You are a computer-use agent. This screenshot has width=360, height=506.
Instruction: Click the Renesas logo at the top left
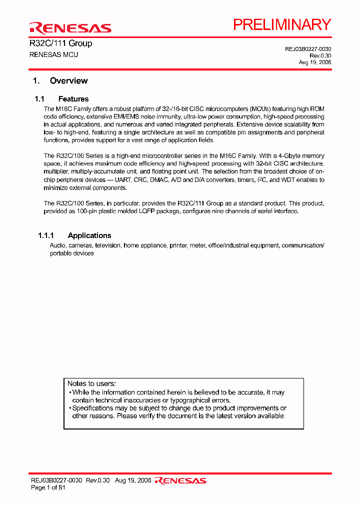[x=70, y=28]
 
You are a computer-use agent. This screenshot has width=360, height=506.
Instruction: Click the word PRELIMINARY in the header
[x=282, y=24]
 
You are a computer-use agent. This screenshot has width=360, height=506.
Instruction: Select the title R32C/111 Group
[x=61, y=43]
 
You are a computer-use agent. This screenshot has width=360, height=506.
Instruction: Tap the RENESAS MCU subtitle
[x=54, y=54]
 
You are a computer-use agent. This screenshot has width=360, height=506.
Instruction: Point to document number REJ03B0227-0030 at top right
[x=308, y=49]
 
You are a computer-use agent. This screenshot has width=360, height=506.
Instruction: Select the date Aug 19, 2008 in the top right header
[x=315, y=62]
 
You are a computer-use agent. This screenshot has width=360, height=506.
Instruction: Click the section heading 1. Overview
[x=60, y=81]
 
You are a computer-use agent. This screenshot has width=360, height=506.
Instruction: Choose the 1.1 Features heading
[x=61, y=99]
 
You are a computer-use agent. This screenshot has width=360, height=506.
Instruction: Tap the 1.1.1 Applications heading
[x=74, y=235]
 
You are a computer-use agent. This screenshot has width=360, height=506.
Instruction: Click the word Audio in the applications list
[x=57, y=245]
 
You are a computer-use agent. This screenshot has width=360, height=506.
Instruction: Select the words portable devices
[x=72, y=253]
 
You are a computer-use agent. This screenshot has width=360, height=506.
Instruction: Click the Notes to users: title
[x=91, y=383]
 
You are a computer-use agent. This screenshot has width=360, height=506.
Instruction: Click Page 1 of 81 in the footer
[x=48, y=487]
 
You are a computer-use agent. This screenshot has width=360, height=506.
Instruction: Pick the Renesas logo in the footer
[x=180, y=480]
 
